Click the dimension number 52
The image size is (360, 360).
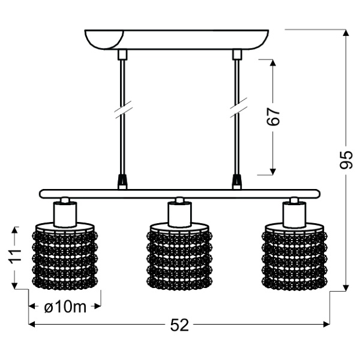pyautogui.click(x=179, y=325)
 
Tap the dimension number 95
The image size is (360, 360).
pyautogui.click(x=346, y=160)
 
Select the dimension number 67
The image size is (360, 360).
pyautogui.click(x=273, y=116)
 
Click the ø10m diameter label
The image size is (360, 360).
pyautogui.click(x=65, y=307)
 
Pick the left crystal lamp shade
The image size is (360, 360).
pyautogui.click(x=65, y=256)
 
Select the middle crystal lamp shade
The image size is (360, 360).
pyautogui.click(x=179, y=256)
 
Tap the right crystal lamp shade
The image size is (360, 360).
pyautogui.click(x=295, y=256)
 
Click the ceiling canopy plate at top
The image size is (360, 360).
pyautogui.click(x=176, y=40)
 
